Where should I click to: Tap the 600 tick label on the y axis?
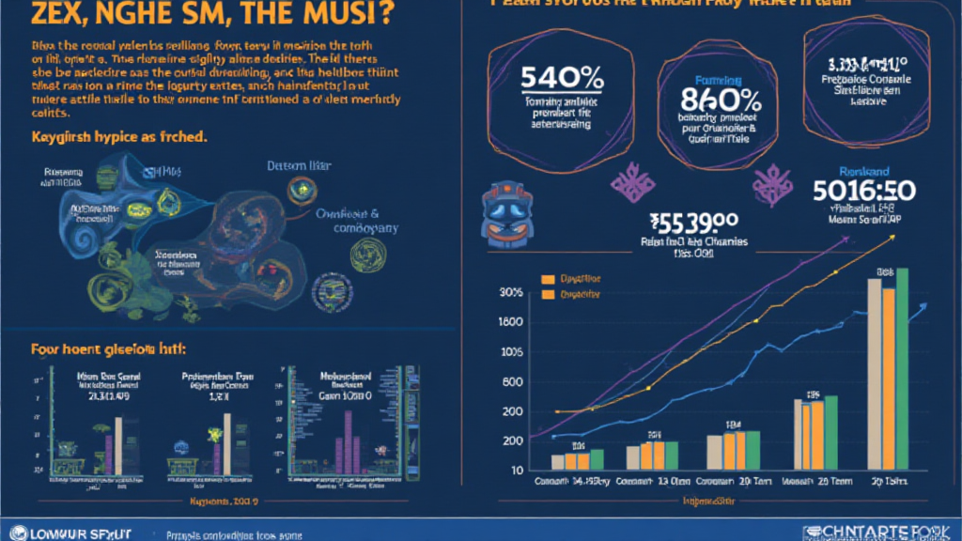click(x=511, y=382)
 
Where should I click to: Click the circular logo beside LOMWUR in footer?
click(x=10, y=533)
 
